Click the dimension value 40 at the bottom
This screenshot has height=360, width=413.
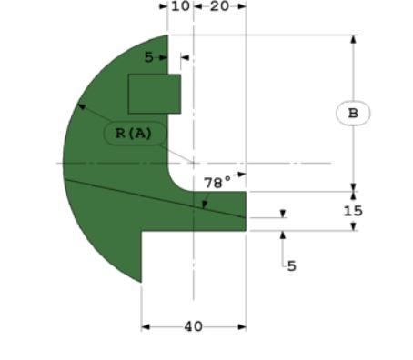tap(193, 326)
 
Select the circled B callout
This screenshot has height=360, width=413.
tap(353, 114)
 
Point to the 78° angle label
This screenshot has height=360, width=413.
tap(217, 182)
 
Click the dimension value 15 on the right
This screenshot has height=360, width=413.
tap(353, 210)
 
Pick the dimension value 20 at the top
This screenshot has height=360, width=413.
tap(219, 6)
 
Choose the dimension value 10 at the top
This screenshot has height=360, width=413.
tap(180, 6)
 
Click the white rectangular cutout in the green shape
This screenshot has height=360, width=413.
tap(154, 94)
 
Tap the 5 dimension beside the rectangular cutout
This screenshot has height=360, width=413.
tap(149, 57)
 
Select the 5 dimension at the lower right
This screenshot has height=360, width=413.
tap(291, 266)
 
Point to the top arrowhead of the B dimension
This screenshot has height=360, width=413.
tap(353, 39)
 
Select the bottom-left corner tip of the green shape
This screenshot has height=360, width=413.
tap(141, 281)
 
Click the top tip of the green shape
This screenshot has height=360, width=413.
tap(168, 36)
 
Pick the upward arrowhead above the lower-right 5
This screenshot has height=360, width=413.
tap(282, 235)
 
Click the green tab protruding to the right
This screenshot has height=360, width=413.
tap(223, 211)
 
